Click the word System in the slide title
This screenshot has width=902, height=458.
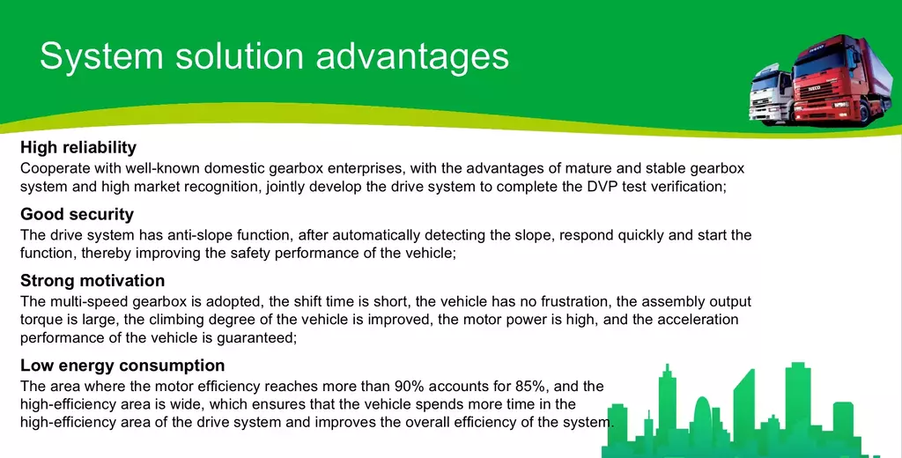(x=102, y=56)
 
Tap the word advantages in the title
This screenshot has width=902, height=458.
(x=412, y=56)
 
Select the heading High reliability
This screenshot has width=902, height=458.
(x=78, y=148)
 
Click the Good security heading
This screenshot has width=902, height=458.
(x=78, y=214)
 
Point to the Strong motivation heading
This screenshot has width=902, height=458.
(x=92, y=281)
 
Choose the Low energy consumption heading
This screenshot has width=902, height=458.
(x=122, y=366)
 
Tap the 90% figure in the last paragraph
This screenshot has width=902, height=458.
(x=410, y=386)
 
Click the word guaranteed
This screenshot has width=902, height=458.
(x=256, y=338)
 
